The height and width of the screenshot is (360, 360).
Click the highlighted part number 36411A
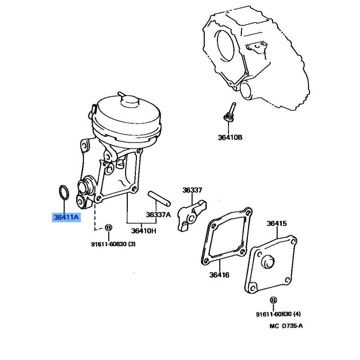tap(66, 217)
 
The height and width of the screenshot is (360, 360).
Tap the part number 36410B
tap(230, 137)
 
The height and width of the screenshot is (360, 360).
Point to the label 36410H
tap(144, 231)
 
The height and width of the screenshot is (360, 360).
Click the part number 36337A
tap(158, 215)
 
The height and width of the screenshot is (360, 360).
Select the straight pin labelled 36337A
tap(159, 198)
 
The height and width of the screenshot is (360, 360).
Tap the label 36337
tap(193, 190)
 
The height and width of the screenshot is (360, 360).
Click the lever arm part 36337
tap(191, 215)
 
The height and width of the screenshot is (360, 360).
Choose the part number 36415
tap(277, 223)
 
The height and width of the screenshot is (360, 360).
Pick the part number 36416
tap(219, 275)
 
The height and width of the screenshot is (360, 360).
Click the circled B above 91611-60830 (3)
tap(108, 228)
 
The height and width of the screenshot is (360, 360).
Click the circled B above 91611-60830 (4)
tap(273, 300)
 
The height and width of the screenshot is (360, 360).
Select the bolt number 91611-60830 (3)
tap(113, 244)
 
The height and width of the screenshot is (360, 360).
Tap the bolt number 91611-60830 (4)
tap(278, 314)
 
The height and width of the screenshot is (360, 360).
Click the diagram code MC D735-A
tap(286, 326)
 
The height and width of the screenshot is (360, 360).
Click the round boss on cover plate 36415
tap(268, 261)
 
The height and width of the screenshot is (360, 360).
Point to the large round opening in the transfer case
tap(225, 47)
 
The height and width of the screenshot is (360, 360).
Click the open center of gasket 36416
tap(227, 236)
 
